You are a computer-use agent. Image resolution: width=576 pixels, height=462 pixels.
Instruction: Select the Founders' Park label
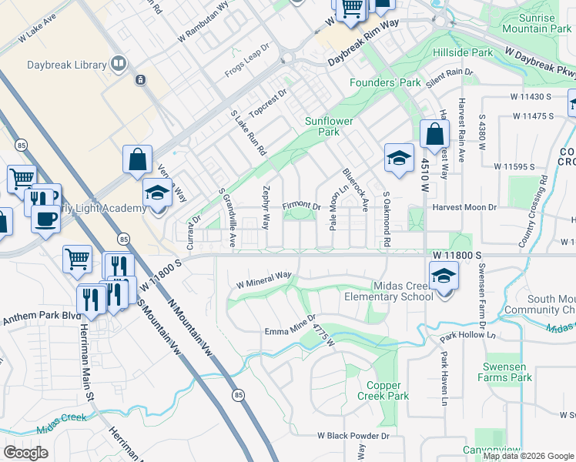coord(385,82)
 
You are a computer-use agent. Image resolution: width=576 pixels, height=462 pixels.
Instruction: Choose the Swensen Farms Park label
coord(507,372)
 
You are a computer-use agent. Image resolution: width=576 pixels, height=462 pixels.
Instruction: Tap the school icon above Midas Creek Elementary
coord(443,276)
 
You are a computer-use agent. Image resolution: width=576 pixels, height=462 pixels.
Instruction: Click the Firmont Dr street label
coord(301,206)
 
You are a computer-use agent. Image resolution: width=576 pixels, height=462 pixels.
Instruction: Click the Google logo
coord(25,453)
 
